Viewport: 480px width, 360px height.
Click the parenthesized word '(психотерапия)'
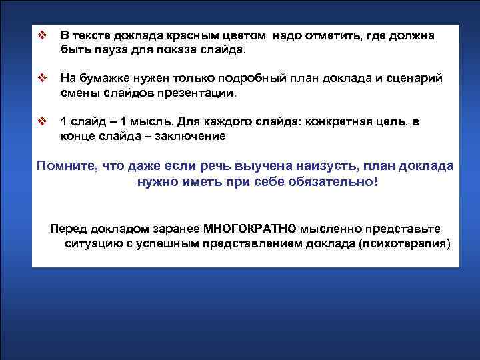pyautogui.click(x=403, y=243)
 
